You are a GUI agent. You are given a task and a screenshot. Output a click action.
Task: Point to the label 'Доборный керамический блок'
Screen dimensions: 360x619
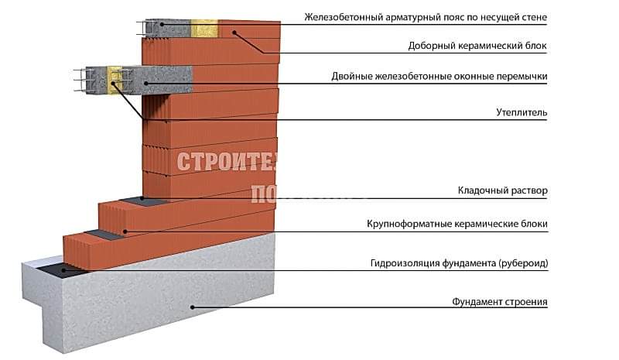[477, 46]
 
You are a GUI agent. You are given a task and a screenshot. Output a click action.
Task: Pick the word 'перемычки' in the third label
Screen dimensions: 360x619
[520, 77]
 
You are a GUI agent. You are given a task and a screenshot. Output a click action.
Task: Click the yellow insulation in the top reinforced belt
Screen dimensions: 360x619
[205, 28]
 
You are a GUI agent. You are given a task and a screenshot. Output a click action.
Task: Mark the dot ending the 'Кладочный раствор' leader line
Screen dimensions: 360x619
[143, 198]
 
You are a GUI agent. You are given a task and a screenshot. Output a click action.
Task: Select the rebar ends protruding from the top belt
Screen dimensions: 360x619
[145, 28]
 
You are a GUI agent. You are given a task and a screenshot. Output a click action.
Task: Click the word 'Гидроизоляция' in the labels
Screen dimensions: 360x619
[403, 263]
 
